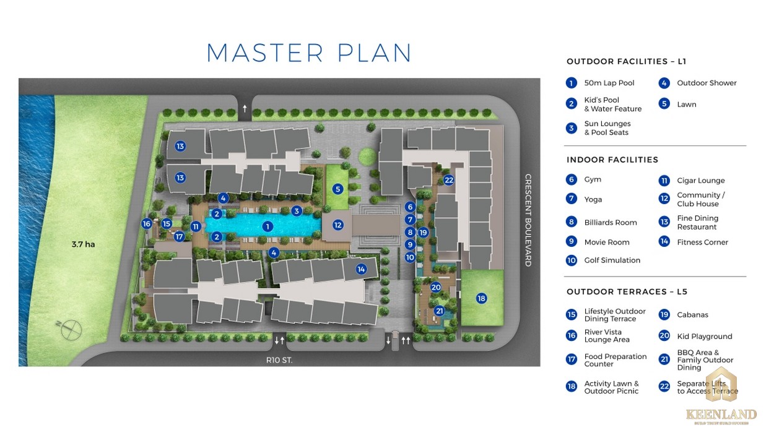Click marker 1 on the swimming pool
click(x=267, y=226)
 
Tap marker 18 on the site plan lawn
click(x=482, y=298)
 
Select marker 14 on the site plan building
click(x=361, y=269)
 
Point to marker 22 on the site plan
click(x=449, y=180)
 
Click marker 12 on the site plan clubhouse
click(x=338, y=225)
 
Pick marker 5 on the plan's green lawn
click(x=337, y=189)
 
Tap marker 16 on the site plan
click(x=147, y=224)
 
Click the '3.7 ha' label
click(x=82, y=244)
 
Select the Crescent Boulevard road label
click(x=528, y=220)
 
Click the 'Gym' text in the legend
click(x=593, y=179)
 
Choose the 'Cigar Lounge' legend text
click(x=700, y=181)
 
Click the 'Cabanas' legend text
click(x=692, y=315)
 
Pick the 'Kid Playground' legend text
click(x=704, y=337)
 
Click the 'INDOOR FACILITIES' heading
click(x=612, y=160)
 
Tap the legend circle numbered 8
click(x=572, y=222)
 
